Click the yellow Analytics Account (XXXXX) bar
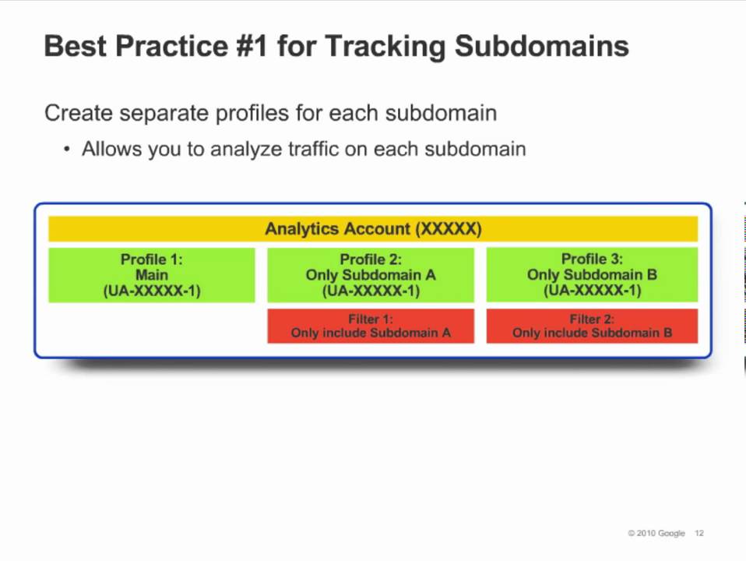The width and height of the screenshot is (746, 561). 373,229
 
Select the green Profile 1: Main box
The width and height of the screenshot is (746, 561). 152,275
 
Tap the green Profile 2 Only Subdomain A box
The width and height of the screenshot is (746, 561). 371,275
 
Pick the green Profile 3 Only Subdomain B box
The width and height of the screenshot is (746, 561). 592,275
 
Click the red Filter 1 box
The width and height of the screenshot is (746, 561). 371,326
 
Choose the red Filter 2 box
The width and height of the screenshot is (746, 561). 592,326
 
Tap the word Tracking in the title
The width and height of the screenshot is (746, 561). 385,46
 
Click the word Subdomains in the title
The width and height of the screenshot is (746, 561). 541,46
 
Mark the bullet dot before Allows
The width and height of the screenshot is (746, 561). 67,149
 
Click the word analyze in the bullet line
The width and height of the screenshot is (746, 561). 246,149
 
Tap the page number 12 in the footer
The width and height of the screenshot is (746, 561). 699,534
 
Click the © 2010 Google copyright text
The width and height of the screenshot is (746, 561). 656,534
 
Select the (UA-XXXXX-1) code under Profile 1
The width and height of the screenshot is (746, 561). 152,291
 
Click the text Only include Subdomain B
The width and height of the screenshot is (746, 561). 592,333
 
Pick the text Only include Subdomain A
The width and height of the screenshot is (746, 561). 371,333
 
